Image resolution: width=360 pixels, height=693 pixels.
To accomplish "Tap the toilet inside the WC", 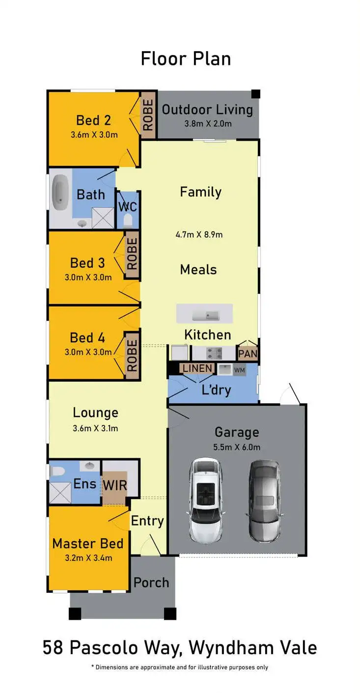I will [x=128, y=219].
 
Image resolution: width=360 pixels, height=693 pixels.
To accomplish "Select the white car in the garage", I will [x=205, y=499].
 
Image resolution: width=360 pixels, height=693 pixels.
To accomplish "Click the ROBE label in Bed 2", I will [x=148, y=115].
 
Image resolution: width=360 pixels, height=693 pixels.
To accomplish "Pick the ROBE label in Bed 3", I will [x=132, y=253].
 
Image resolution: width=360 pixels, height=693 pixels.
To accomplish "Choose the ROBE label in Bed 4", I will [x=132, y=355].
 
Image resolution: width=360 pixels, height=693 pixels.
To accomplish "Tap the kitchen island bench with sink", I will [x=204, y=314].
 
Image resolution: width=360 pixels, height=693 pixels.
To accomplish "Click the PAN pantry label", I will [x=248, y=354].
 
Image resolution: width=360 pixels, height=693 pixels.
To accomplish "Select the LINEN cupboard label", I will [x=197, y=368].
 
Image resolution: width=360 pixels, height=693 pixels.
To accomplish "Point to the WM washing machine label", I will [x=239, y=370].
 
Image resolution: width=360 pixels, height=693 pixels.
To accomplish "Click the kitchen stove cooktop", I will [x=215, y=353].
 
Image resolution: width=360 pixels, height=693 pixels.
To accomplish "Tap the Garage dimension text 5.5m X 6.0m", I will [x=237, y=447].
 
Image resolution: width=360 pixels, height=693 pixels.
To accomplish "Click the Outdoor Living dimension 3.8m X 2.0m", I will [x=208, y=124].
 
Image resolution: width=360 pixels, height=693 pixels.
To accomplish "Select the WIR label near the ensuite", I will [x=115, y=485].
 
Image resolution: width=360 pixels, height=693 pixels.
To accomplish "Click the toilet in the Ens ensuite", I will [x=57, y=471].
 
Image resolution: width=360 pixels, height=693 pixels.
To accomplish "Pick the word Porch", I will [x=151, y=582].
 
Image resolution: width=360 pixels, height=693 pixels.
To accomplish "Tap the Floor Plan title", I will [x=186, y=58].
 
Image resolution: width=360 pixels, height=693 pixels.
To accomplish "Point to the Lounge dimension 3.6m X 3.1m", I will [x=95, y=428].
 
